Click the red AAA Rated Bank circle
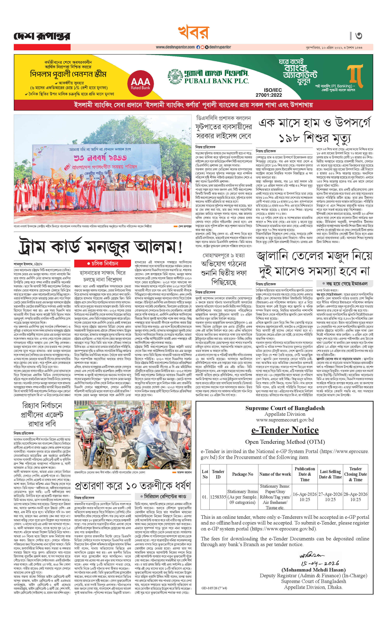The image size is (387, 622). pos(140,83)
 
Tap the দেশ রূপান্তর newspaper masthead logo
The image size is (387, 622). pos(42,36)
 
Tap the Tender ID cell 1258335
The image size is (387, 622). pos(218,497)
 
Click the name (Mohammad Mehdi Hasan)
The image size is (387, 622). pos(313,570)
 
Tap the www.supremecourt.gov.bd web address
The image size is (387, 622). pos(285,420)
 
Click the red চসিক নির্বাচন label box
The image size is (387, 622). pos(103,263)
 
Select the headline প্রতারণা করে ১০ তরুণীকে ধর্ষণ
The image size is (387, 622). pos(133,485)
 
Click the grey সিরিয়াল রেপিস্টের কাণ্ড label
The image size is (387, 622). pos(163,496)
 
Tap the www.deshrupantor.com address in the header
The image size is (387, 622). pos(175,47)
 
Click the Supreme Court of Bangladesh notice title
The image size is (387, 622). pos(285,408)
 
